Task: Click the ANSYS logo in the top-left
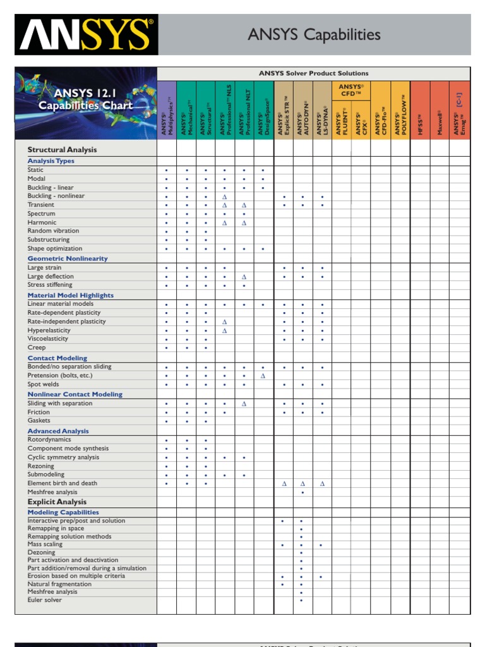[x=86, y=34]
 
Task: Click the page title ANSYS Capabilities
[x=314, y=35]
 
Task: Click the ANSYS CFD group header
[x=350, y=90]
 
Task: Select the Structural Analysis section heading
[x=62, y=150]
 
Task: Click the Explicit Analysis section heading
[x=57, y=502]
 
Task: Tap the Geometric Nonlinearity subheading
[x=68, y=258]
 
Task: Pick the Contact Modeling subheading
[x=57, y=358]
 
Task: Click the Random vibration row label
[x=53, y=231]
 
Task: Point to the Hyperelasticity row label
[x=49, y=330]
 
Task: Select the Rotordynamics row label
[x=49, y=439]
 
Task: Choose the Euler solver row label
[x=45, y=600]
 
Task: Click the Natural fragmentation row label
[x=59, y=584]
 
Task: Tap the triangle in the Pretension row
[x=263, y=375]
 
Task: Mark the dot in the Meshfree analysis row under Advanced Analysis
[x=302, y=492]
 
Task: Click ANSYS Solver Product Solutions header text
[x=313, y=73]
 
